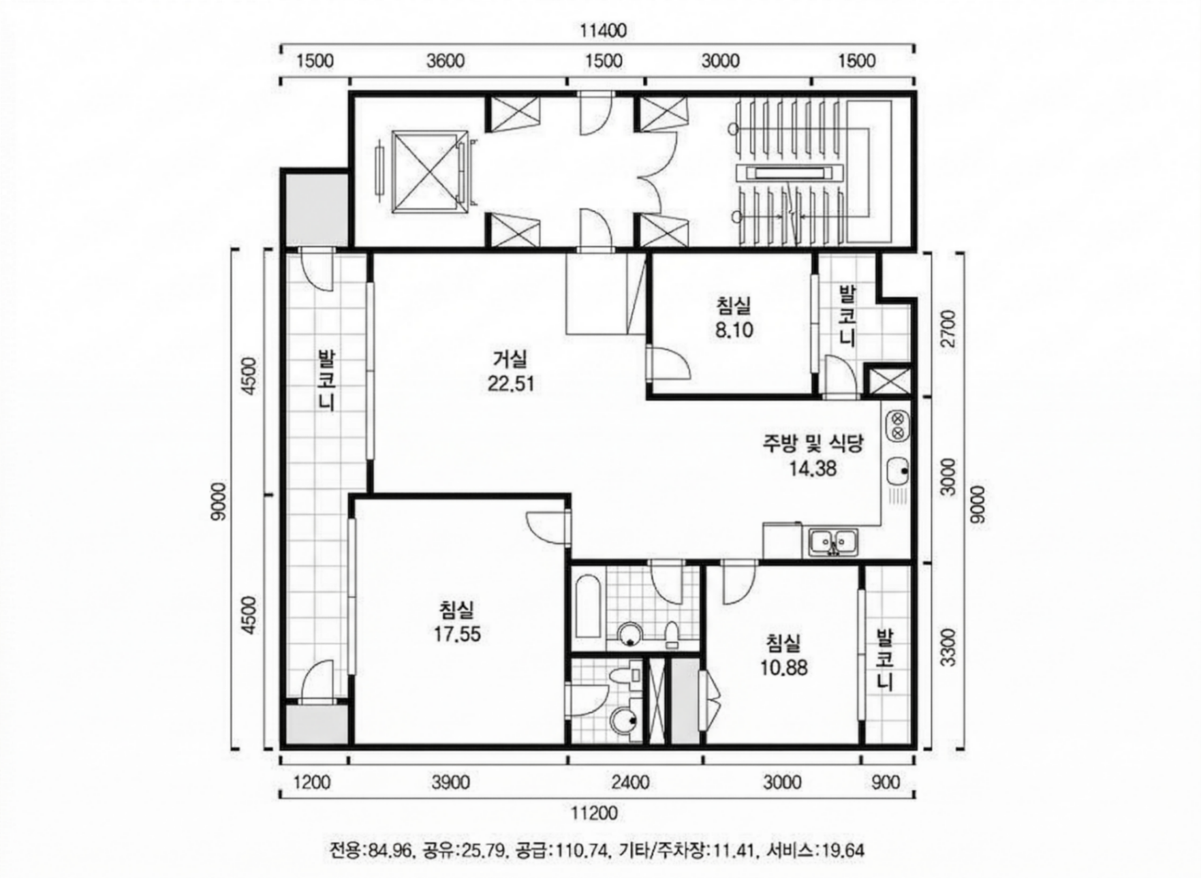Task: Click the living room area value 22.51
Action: (511, 384)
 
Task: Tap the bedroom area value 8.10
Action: (734, 330)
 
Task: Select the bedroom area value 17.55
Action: (457, 634)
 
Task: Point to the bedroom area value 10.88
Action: (783, 668)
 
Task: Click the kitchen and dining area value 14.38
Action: (813, 469)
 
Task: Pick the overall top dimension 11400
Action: (603, 31)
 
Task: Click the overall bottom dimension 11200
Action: (594, 813)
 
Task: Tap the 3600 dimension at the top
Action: (446, 61)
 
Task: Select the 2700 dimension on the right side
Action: (948, 328)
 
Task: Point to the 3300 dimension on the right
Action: (948, 647)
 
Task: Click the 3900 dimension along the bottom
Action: (450, 783)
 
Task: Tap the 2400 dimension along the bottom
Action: (630, 783)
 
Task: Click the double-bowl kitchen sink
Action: (833, 543)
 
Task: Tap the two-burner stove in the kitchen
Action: (897, 426)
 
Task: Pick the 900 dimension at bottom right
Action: (886, 783)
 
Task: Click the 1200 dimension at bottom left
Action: (311, 783)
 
